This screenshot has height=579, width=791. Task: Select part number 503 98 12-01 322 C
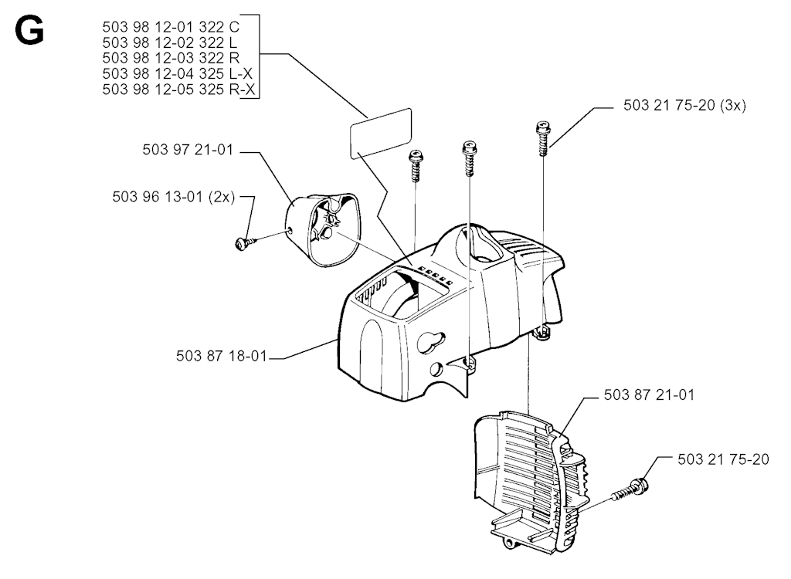(x=171, y=27)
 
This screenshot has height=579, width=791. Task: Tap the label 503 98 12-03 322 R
(x=171, y=58)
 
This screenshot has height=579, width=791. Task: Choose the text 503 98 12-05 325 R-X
(x=178, y=90)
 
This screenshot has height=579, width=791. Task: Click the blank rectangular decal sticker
(x=381, y=134)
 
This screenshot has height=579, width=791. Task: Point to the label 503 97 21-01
(x=188, y=150)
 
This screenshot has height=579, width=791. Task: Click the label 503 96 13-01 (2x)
(x=174, y=196)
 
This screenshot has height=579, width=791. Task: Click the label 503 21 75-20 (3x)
(x=684, y=105)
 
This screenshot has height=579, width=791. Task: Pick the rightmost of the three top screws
(x=543, y=137)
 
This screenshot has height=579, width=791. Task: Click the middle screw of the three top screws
(x=469, y=157)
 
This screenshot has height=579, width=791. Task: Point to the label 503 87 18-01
(x=221, y=356)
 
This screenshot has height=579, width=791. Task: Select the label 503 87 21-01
(x=649, y=394)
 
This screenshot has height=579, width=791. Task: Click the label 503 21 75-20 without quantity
(x=723, y=459)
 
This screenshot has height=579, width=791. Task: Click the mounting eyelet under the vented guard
(x=513, y=543)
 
